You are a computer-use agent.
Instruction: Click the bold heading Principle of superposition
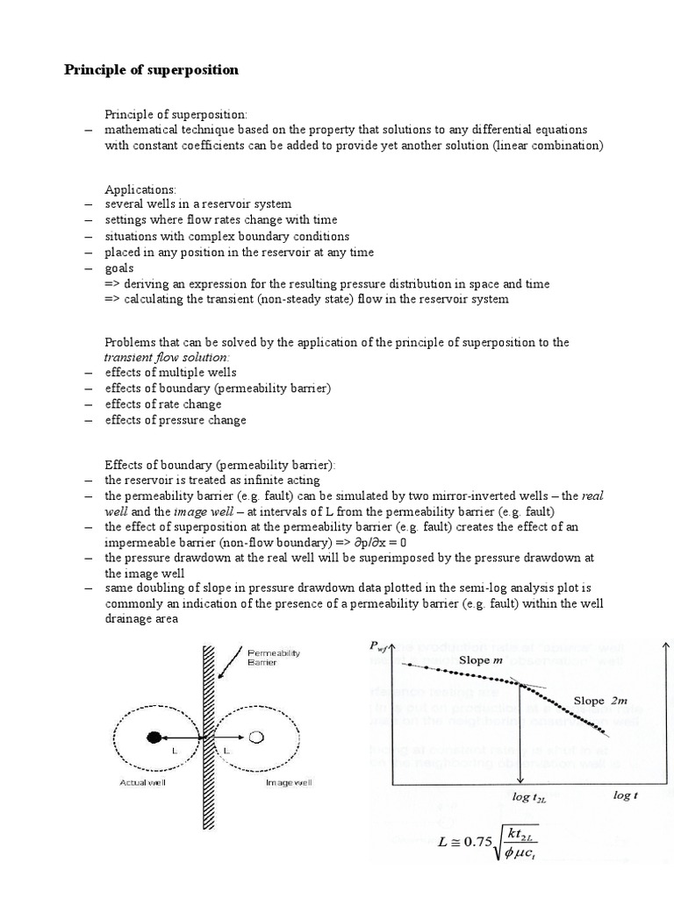151,70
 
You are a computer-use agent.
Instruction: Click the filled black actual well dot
154,736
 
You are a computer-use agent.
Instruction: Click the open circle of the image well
257,736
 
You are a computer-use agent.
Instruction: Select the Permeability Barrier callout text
275,658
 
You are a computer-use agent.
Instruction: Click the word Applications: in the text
140,189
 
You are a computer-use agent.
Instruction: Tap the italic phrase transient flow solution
167,357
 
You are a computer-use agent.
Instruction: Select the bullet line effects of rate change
163,404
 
